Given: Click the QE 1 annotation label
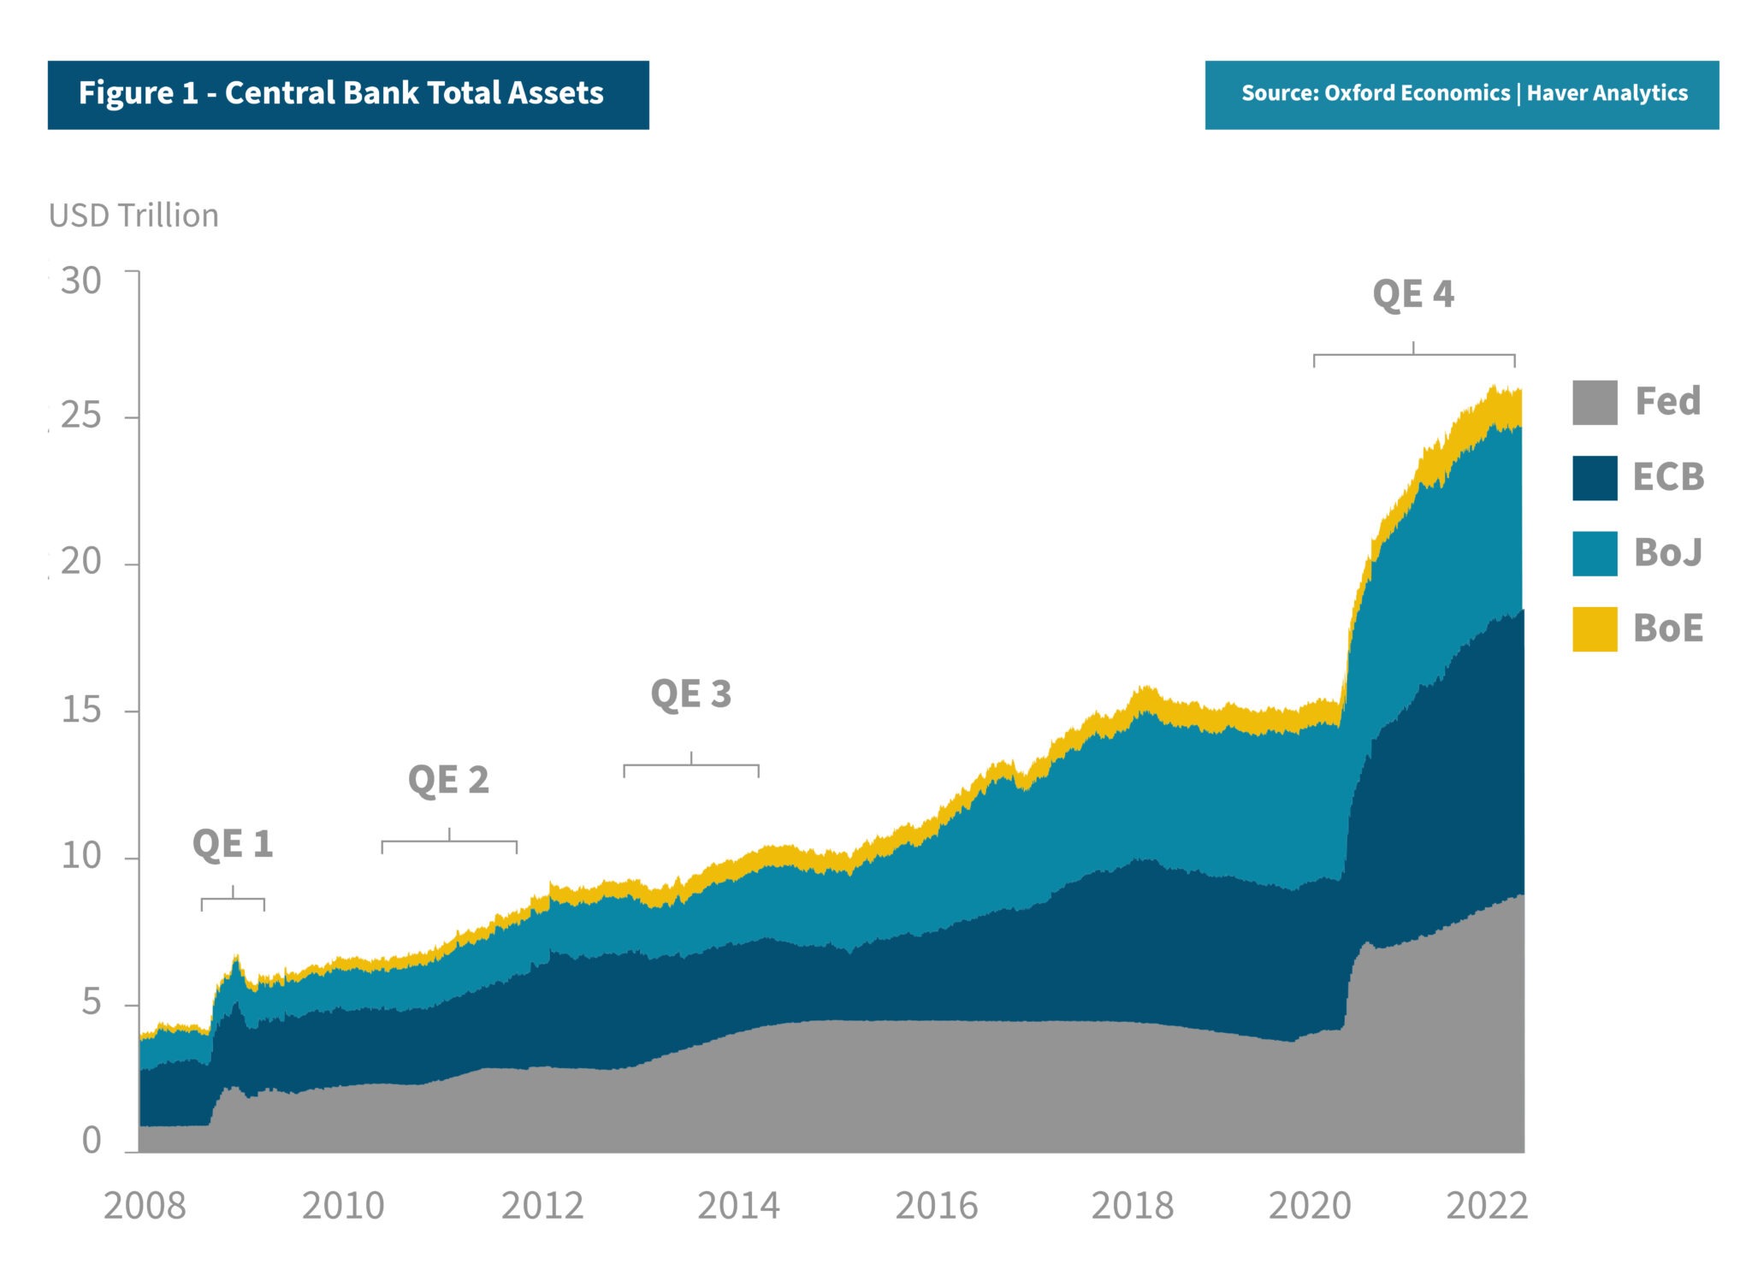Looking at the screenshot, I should point(233,844).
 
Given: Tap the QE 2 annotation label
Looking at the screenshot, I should point(448,780).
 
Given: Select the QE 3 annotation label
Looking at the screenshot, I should point(691,694).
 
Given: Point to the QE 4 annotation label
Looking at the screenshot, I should point(1413,294).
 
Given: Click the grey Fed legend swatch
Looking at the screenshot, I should point(1595,403).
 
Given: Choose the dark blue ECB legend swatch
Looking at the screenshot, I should point(1595,478).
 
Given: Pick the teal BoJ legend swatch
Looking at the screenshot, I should point(1595,553).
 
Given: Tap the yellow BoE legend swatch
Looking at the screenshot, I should point(1595,629).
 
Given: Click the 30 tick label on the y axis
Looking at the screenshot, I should point(81,280).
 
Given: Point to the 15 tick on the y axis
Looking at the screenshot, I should point(81,710).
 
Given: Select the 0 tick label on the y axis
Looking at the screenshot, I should point(92,1141).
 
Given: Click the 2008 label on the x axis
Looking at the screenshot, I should point(145,1206).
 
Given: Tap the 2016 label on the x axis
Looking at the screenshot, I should point(937,1206).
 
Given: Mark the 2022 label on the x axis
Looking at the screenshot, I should point(1487,1206).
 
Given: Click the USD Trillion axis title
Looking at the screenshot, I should point(134,215).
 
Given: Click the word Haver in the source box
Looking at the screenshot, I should point(1557,93).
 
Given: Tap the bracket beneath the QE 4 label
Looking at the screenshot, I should point(1414,355).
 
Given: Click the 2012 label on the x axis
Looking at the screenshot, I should point(542,1206).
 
